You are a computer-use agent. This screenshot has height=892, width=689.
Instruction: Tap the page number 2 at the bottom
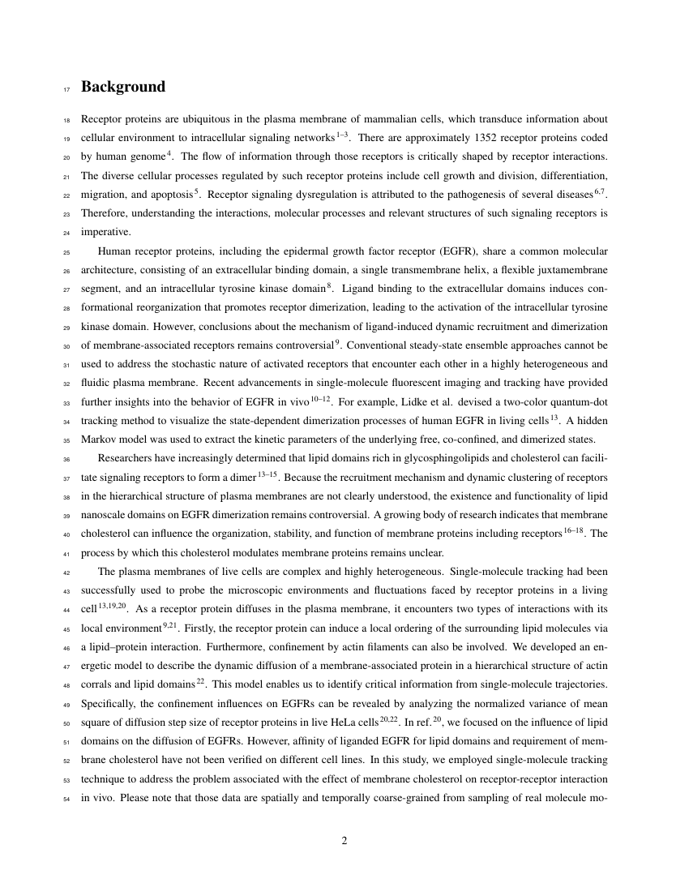tap(344, 840)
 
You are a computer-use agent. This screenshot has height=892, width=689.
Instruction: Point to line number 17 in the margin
tap(67, 88)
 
